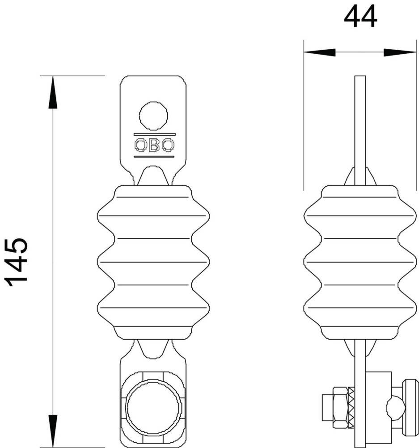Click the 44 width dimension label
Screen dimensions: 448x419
point(360,17)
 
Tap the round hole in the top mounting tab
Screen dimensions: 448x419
point(153,116)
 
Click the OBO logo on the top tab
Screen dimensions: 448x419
point(154,145)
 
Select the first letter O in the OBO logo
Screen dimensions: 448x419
point(140,145)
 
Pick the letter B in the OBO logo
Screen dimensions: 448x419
point(154,145)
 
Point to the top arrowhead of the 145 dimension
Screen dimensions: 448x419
point(53,92)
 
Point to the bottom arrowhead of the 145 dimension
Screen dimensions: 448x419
point(53,431)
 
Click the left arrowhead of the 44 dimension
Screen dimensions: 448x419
point(319,52)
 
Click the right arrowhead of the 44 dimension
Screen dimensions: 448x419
point(400,52)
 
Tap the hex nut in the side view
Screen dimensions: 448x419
point(340,408)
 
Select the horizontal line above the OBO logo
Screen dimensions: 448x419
point(154,134)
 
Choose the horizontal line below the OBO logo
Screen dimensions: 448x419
point(154,156)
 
